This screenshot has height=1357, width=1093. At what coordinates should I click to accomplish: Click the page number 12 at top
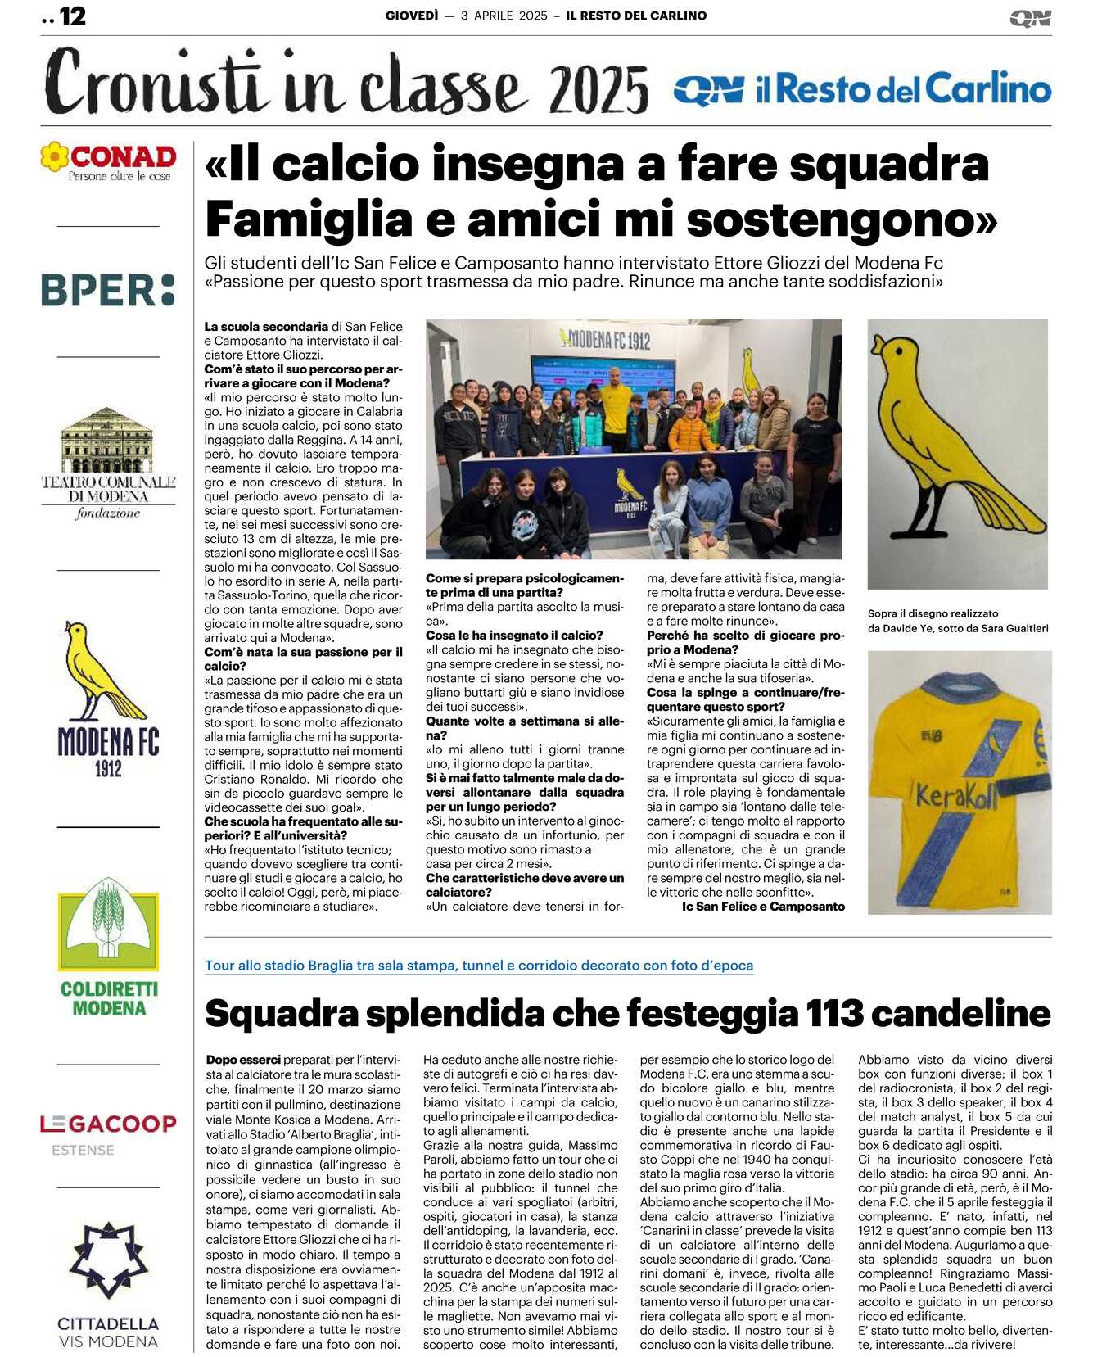[72, 16]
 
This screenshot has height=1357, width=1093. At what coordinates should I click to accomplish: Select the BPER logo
[108, 290]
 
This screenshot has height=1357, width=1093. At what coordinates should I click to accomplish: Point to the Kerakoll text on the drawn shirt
[957, 795]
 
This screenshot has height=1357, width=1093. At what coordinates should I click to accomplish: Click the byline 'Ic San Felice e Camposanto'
[763, 907]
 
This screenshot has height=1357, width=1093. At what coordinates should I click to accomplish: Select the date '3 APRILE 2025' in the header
[504, 16]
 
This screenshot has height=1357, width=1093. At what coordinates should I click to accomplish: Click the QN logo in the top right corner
[1030, 18]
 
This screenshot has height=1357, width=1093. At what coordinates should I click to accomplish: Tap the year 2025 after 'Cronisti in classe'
[598, 89]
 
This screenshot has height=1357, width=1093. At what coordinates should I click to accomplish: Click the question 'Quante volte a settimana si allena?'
[524, 728]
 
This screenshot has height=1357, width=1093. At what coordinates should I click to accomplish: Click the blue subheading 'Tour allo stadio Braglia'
[479, 966]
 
